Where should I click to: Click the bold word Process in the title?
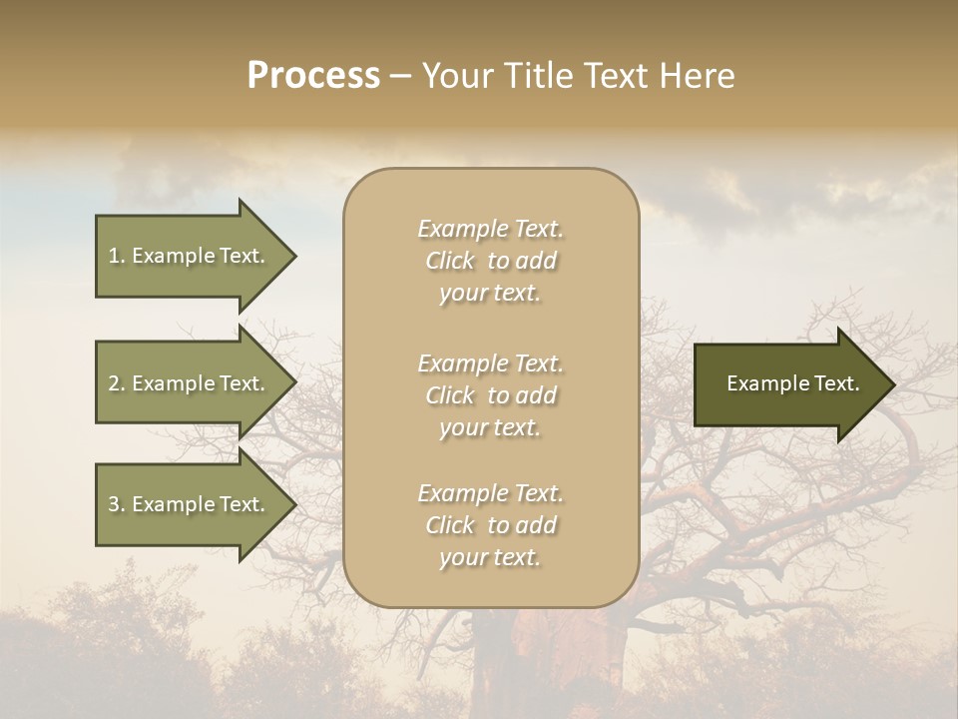click(313, 76)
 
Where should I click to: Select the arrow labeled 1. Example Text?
click(190, 256)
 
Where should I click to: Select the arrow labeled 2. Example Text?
click(190, 383)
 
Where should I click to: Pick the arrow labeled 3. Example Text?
click(190, 504)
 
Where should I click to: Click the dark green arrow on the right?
click(788, 384)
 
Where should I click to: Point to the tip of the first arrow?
click(294, 256)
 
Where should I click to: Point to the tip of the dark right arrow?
click(893, 384)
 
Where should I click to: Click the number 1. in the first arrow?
click(116, 256)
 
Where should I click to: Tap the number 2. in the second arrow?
click(116, 383)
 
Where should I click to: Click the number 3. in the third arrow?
click(116, 504)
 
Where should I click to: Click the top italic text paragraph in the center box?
click(490, 261)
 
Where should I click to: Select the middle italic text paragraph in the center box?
click(490, 395)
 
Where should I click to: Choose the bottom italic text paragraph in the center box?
click(490, 525)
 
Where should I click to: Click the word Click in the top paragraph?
click(449, 262)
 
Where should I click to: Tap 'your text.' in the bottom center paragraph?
click(490, 558)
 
